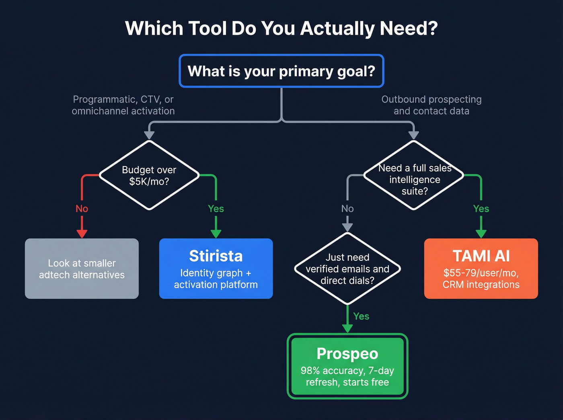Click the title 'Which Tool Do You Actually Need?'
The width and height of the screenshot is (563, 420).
pyautogui.click(x=281, y=29)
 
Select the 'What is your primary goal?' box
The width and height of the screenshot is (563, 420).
pyautogui.click(x=281, y=71)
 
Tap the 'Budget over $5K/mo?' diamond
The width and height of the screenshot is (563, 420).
pyautogui.click(x=149, y=176)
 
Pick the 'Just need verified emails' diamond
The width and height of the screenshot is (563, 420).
pyautogui.click(x=347, y=269)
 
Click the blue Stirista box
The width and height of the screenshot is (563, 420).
pyautogui.click(x=216, y=268)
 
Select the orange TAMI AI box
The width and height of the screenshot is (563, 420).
pyautogui.click(x=481, y=268)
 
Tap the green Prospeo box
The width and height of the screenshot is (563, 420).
pyautogui.click(x=347, y=366)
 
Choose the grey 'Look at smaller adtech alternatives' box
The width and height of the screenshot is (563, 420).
pyautogui.click(x=82, y=268)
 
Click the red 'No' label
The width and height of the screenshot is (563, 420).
pyautogui.click(x=82, y=209)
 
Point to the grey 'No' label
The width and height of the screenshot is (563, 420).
pyautogui.click(x=347, y=209)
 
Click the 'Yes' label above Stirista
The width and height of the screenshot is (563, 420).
pyautogui.click(x=216, y=209)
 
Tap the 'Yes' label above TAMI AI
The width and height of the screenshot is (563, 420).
pyautogui.click(x=481, y=209)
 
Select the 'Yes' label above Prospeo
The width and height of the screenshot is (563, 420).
pyautogui.click(x=361, y=316)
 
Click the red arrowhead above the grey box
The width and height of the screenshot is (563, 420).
pyautogui.click(x=82, y=234)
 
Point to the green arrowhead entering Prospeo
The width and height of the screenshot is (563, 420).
pyautogui.click(x=347, y=328)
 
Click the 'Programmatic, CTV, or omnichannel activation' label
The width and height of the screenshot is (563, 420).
pyautogui.click(x=123, y=105)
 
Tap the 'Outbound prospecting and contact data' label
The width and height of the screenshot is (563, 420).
pyautogui.click(x=431, y=105)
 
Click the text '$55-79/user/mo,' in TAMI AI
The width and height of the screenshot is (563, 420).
pyautogui.click(x=481, y=273)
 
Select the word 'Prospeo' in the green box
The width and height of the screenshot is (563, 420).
pyautogui.click(x=347, y=354)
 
